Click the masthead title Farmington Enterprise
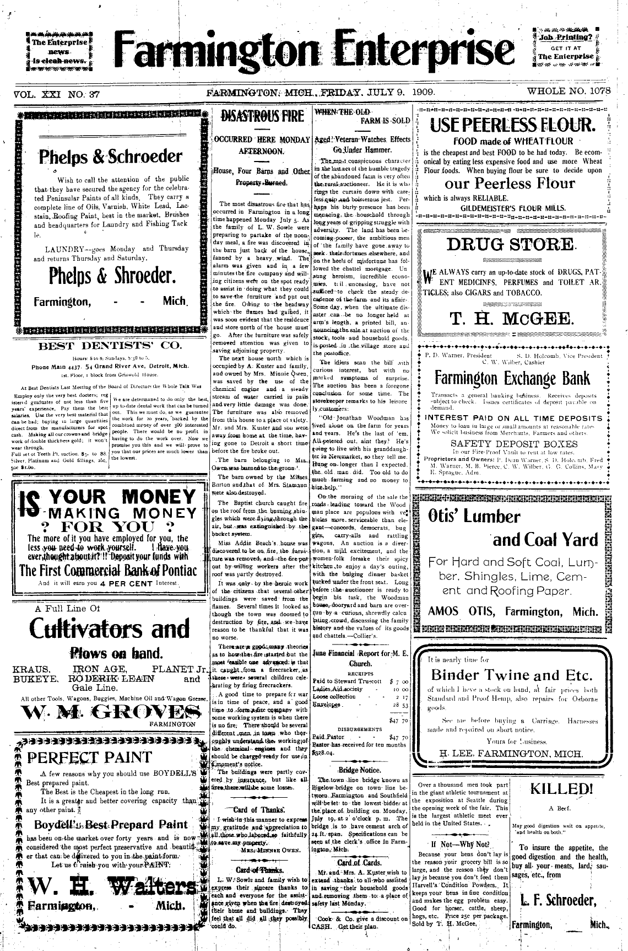(x=313, y=48)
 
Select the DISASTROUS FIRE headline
(x=262, y=116)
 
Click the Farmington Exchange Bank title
(x=512, y=378)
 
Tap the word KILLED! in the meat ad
(x=560, y=789)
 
